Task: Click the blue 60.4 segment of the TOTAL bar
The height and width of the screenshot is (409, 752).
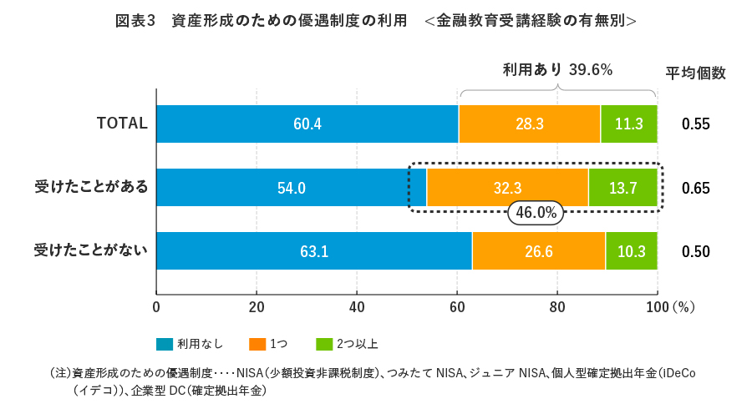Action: [307, 124]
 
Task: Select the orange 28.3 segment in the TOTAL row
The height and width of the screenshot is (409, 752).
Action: [529, 124]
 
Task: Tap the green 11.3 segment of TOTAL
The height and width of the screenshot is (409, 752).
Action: [628, 124]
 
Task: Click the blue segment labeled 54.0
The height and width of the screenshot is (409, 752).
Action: [291, 188]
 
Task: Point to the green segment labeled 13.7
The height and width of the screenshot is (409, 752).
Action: [622, 188]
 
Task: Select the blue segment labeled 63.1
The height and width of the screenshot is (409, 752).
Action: [313, 251]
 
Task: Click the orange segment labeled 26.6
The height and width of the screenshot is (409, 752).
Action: [538, 251]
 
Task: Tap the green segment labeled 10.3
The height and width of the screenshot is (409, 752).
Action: [631, 251]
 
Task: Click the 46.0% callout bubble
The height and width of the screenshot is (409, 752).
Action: [536, 213]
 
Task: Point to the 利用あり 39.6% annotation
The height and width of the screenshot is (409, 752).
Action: [557, 70]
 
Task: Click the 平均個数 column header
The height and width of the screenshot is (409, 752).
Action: [695, 73]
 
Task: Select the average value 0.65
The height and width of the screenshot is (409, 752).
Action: [695, 188]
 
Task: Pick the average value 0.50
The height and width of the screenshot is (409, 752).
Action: [695, 251]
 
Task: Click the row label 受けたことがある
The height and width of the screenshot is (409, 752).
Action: [91, 187]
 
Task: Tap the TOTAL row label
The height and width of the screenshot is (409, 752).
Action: [122, 124]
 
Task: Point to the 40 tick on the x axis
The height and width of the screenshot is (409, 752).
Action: [357, 305]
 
